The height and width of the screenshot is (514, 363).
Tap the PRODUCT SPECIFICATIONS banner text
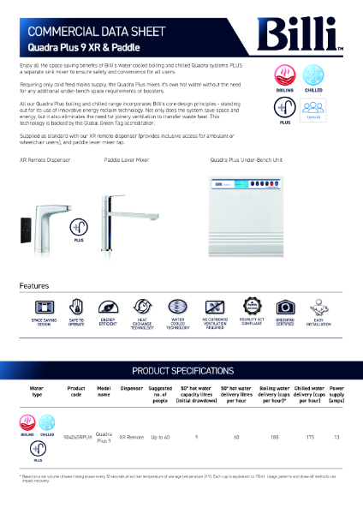[x=182, y=370]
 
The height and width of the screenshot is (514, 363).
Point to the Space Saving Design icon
[x=45, y=307]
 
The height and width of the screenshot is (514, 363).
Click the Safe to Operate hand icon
[x=76, y=307]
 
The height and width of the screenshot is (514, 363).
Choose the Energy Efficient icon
[x=108, y=307]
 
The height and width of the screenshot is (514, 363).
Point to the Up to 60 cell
[x=160, y=437]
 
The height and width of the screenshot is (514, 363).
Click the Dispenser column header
[x=131, y=388]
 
